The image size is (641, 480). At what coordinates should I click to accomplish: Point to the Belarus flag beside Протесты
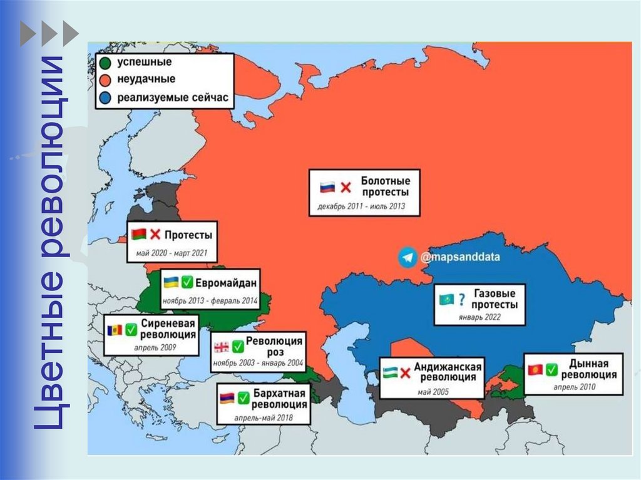pos(138,235)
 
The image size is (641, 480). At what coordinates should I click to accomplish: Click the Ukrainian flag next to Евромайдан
pos(170,282)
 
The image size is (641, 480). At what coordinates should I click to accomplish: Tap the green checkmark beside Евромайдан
pos(186,282)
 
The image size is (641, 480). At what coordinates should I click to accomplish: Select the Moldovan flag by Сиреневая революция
pos(114,329)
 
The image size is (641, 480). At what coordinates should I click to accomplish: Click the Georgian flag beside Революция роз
pos(222,346)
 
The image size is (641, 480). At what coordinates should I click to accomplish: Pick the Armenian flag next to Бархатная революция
pos(226,397)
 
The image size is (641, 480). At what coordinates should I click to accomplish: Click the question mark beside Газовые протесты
pos(461,300)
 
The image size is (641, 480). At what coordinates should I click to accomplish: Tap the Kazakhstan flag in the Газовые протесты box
pos(446,300)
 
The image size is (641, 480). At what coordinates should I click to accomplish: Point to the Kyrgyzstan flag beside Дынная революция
pos(534,369)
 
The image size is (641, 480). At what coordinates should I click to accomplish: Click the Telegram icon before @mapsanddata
pos(408,257)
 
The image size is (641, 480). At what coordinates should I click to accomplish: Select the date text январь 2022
pos(480,317)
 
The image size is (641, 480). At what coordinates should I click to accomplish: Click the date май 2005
pos(431,392)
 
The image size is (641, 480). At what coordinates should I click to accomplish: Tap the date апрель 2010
pos(574,387)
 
